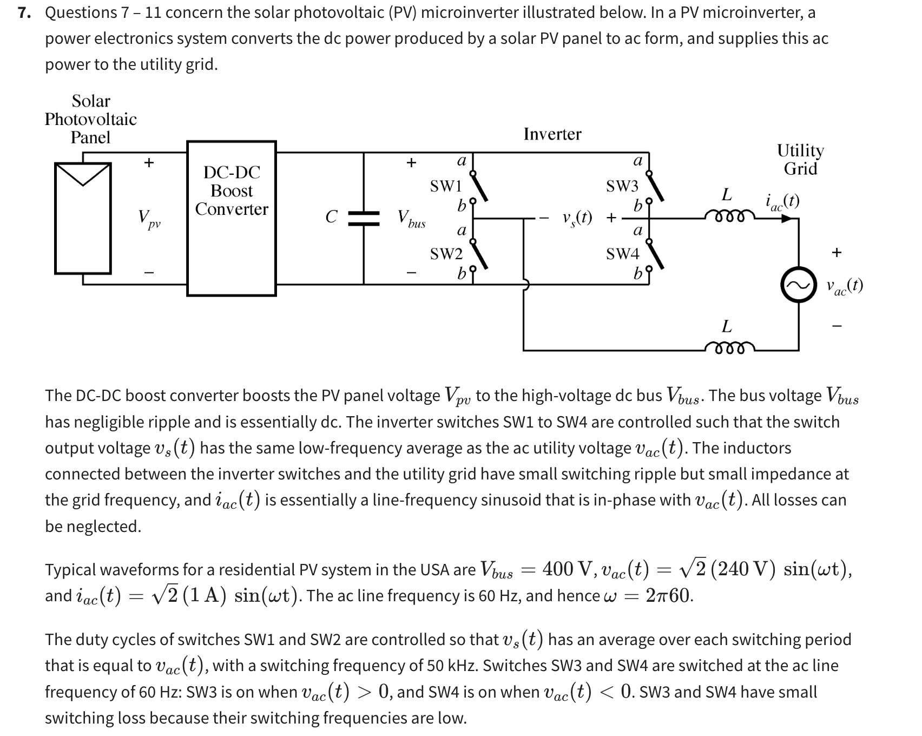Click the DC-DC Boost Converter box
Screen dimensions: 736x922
point(232,218)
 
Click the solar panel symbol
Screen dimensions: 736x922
point(83,218)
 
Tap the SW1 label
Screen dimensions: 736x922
point(446,187)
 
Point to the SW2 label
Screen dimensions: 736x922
point(446,253)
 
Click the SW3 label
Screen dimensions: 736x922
point(622,187)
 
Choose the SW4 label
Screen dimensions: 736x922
point(622,253)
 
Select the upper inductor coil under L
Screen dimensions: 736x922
point(727,215)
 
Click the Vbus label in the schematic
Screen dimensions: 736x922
point(411,219)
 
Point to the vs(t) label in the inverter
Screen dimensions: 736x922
point(577,218)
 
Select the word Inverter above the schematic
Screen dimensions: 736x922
point(552,134)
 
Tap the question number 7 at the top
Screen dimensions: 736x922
point(23,12)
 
